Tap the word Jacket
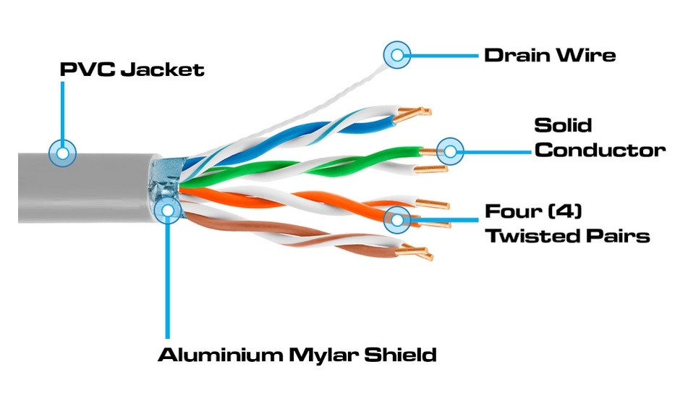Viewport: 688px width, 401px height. pos(162,69)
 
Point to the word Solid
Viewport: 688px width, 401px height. pos(563,125)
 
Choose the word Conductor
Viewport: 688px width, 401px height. pos(600,150)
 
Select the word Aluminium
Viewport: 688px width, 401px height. pos(220,355)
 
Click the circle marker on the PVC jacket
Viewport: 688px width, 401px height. pos(62,153)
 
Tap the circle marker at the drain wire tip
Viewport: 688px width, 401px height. pos(397,55)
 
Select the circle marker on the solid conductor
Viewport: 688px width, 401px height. pos(450,151)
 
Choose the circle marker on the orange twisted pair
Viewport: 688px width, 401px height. pos(397,219)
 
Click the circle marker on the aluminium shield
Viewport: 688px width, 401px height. pos(167,209)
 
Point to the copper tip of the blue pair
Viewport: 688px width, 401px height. pos(412,114)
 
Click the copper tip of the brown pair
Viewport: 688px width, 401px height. pos(415,252)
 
